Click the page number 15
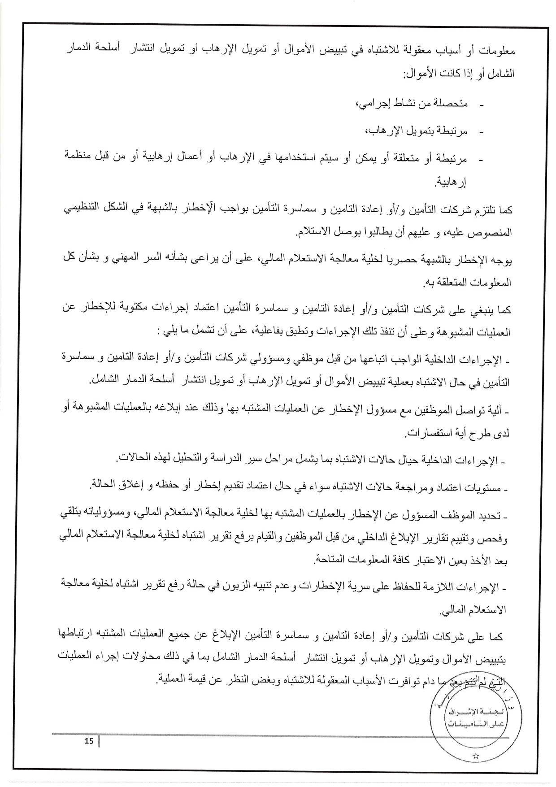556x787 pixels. (89, 741)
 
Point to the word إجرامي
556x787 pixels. (372, 104)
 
